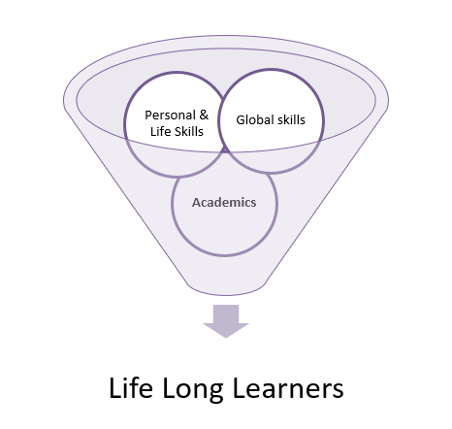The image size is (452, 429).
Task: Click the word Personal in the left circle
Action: tap(170, 115)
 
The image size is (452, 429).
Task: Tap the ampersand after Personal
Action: tap(204, 115)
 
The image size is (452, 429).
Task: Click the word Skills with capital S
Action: tap(189, 131)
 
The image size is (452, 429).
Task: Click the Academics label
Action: tap(224, 203)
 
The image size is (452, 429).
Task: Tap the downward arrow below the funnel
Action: tap(226, 321)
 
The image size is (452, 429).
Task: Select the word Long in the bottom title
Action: tap(192, 389)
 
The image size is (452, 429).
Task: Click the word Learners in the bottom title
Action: tap(288, 388)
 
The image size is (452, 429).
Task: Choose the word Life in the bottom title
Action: tap(131, 388)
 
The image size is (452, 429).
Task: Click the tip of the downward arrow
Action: tap(226, 338)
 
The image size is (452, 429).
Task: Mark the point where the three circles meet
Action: tap(224, 150)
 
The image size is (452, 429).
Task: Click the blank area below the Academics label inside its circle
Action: tap(225, 230)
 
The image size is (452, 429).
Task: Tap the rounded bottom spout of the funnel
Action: tap(226, 289)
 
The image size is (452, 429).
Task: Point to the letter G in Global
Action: tap(241, 119)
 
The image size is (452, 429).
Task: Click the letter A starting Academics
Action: tap(197, 203)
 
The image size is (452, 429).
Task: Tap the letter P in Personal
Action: tap(148, 115)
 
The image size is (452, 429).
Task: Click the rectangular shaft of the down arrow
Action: tap(226, 313)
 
